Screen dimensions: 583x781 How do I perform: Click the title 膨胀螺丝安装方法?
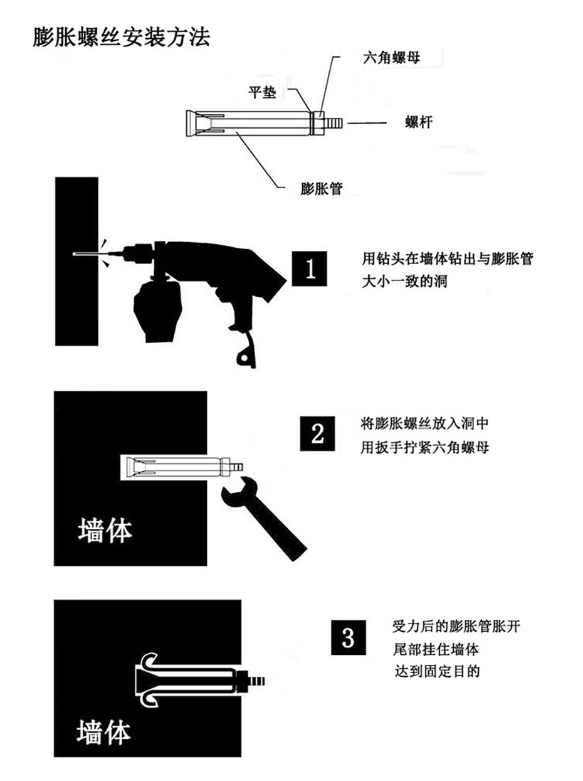(x=121, y=38)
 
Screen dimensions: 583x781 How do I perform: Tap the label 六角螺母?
(x=392, y=57)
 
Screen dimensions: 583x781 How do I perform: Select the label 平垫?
(x=262, y=92)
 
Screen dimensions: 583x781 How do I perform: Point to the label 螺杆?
(x=419, y=122)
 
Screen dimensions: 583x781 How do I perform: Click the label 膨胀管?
(x=322, y=188)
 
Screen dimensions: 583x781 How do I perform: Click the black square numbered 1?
(x=309, y=268)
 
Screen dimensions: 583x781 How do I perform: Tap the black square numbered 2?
(x=317, y=433)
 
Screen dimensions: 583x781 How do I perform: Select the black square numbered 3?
(x=349, y=637)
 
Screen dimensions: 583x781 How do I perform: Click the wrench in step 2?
(x=263, y=520)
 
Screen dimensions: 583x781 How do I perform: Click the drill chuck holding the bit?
(x=137, y=253)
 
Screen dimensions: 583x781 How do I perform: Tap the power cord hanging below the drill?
(x=246, y=350)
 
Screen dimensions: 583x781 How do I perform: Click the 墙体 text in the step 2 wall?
(x=105, y=531)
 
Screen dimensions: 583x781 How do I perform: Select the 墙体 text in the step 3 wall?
(x=103, y=733)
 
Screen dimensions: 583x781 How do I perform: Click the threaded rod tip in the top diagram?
(x=334, y=123)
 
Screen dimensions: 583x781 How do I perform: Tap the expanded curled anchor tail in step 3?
(x=149, y=680)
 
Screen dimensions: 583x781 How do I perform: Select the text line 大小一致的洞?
(x=404, y=282)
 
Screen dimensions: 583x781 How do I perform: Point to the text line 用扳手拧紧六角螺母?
(x=425, y=447)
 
